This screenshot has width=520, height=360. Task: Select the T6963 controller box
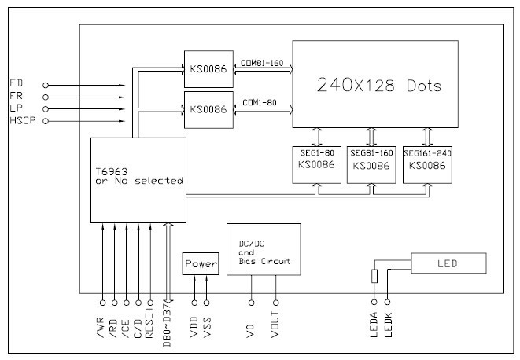click(138, 178)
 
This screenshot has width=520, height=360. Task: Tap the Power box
click(200, 265)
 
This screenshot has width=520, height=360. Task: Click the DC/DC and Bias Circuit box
click(264, 247)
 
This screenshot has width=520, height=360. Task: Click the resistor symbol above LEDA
click(374, 275)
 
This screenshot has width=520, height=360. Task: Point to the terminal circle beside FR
click(46, 96)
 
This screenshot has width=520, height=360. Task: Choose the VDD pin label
click(194, 322)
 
